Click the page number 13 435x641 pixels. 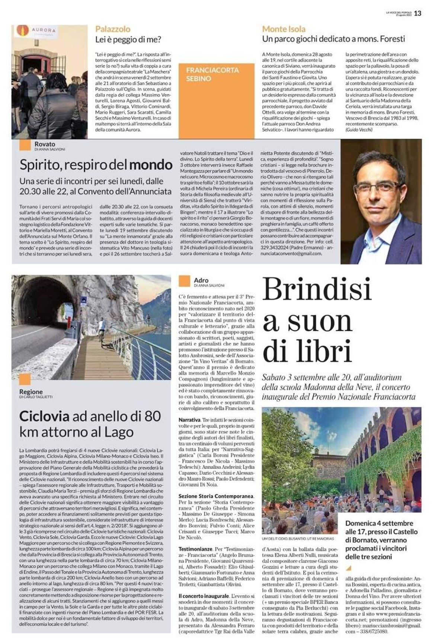click(418, 13)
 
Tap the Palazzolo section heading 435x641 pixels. click(113, 29)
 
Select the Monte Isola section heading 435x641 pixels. click(284, 29)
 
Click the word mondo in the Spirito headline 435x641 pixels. click(151, 165)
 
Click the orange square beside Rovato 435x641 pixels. click(25, 145)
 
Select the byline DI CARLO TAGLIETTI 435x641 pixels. click(36, 397)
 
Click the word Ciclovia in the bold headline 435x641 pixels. click(44, 416)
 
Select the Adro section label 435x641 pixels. click(201, 280)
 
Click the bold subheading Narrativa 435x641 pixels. click(189, 420)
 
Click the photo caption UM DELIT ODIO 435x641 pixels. click(298, 539)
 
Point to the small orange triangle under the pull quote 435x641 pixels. click(348, 568)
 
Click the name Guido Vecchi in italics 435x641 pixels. click(359, 130)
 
